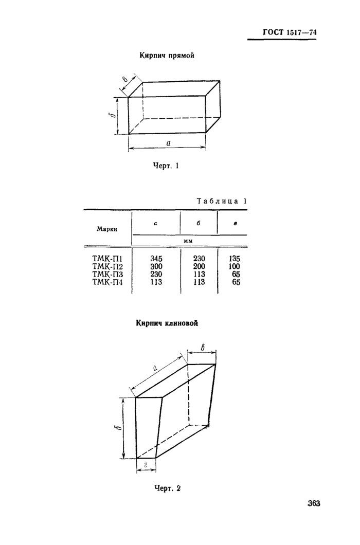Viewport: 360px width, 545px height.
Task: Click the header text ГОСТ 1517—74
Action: (x=290, y=33)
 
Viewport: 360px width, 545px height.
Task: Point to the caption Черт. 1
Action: (x=166, y=166)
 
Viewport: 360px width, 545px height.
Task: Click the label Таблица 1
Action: (x=222, y=201)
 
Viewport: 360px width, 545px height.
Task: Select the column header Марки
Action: (x=107, y=228)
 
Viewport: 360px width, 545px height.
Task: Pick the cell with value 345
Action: (x=156, y=259)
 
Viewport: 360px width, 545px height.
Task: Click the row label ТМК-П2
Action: (x=107, y=266)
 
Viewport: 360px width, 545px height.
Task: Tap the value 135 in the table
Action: (x=234, y=259)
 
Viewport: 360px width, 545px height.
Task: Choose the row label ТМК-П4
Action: (x=107, y=282)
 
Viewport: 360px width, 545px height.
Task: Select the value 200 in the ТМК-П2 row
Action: (x=199, y=266)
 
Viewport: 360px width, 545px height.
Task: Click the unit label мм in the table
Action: (x=189, y=240)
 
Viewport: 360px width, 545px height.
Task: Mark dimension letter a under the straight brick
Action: (x=168, y=143)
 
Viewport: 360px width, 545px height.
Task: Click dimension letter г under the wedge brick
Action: (x=146, y=464)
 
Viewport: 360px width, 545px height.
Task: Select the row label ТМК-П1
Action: (x=107, y=259)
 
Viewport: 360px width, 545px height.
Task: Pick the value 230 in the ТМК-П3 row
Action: (x=156, y=274)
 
